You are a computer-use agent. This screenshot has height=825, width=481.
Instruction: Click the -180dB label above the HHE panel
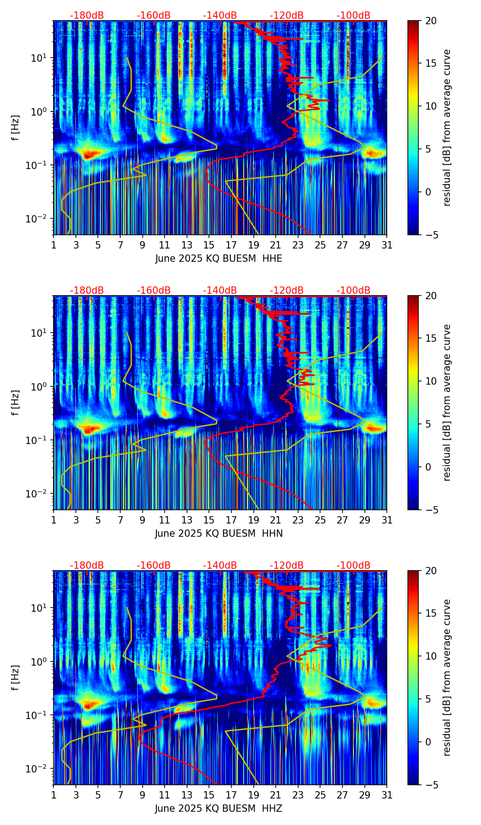tap(87, 16)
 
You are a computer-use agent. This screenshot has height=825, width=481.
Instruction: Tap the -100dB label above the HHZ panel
tap(353, 566)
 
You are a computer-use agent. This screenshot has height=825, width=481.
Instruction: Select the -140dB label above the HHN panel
tap(220, 291)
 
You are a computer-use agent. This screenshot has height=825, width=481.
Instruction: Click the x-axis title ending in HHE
tap(219, 259)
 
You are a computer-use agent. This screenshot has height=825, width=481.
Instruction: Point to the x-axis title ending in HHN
tap(219, 534)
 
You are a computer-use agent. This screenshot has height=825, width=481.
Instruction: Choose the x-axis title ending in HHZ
tap(219, 809)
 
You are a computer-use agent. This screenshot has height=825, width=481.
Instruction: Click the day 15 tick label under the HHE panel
tap(209, 245)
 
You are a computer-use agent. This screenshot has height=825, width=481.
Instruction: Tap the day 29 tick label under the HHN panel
tap(364, 520)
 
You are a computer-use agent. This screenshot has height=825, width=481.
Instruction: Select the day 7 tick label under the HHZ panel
tap(120, 795)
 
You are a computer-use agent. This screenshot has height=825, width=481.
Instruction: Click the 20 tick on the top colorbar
tap(431, 21)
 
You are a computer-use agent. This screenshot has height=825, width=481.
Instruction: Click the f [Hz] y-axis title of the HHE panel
tap(16, 128)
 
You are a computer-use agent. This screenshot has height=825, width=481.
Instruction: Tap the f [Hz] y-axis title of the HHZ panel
tap(16, 678)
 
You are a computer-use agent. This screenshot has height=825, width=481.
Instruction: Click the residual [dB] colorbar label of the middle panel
tap(447, 402)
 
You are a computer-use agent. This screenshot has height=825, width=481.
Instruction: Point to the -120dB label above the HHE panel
tap(287, 16)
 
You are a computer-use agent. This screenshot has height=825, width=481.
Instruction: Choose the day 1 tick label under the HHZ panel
tap(54, 795)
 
